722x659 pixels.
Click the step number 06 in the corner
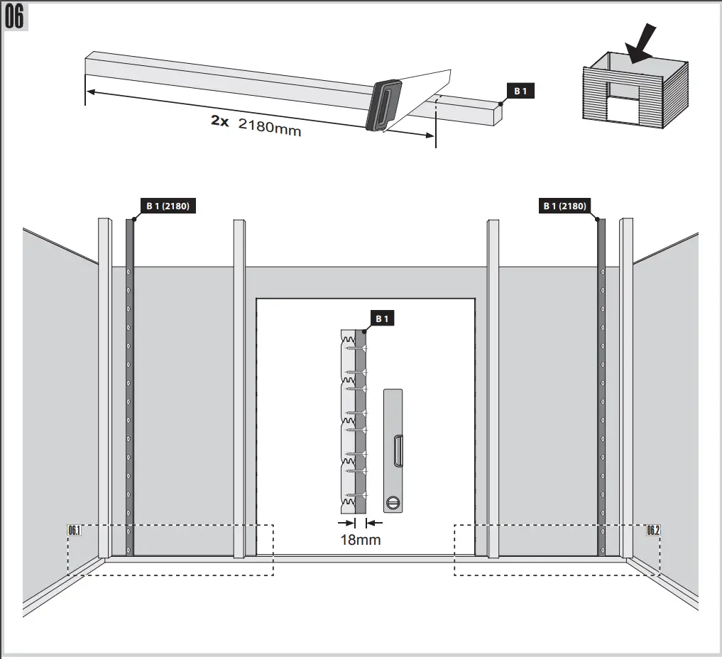[x=15, y=18]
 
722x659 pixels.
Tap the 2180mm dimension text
[x=269, y=129]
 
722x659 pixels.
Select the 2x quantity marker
[x=219, y=121]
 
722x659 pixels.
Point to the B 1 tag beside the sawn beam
[x=520, y=91]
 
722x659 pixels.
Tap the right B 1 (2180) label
[x=564, y=206]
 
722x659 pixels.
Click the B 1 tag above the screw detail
[x=382, y=319]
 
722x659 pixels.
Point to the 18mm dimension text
[x=361, y=540]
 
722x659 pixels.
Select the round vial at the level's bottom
[x=393, y=502]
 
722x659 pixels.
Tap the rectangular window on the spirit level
[x=398, y=450]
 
